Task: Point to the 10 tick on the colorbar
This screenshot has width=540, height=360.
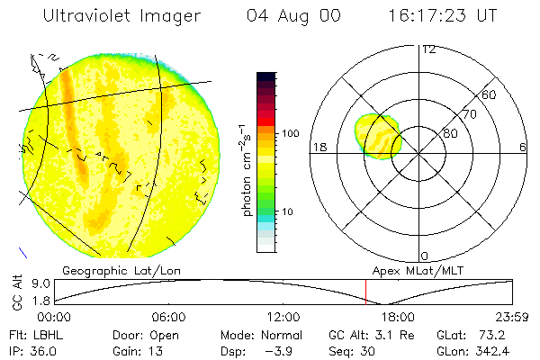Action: [x=287, y=211]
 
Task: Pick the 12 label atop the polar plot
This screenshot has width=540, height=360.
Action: [x=428, y=49]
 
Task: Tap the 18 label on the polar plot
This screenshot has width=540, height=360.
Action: [x=319, y=148]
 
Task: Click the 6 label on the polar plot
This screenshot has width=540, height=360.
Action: [x=523, y=148]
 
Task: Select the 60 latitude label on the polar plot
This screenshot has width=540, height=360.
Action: [x=490, y=94]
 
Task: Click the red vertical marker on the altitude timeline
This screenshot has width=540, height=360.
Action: [x=366, y=292]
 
